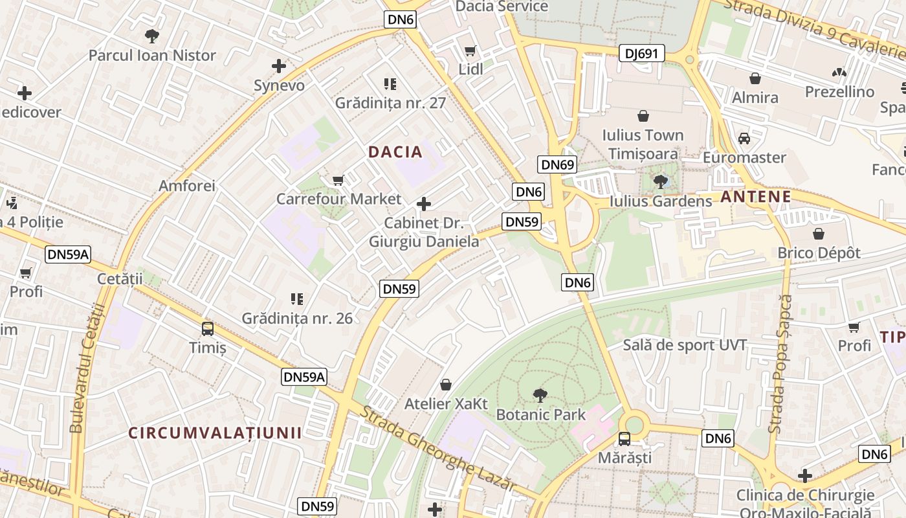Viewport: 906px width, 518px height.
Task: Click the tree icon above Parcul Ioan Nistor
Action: tap(152, 36)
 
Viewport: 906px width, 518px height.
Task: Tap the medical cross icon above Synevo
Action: tap(279, 66)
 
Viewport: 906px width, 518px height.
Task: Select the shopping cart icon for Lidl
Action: tap(470, 51)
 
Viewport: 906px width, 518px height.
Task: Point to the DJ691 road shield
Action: tap(641, 54)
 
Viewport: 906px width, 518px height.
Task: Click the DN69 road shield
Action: tap(557, 164)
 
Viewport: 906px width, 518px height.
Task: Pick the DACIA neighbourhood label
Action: tap(395, 152)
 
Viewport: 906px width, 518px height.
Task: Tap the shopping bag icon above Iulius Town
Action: tap(643, 116)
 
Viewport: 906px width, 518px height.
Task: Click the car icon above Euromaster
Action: tap(744, 138)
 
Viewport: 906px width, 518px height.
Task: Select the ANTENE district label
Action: tap(755, 197)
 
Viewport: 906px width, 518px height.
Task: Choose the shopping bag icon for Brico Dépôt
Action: tap(819, 233)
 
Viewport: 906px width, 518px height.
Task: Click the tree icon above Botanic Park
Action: tap(540, 395)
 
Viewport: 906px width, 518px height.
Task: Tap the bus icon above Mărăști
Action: tap(624, 438)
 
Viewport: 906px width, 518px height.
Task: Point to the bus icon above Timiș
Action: tap(208, 328)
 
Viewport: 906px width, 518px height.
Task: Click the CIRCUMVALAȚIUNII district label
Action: tap(215, 433)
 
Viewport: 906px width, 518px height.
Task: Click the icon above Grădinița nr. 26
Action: tap(297, 299)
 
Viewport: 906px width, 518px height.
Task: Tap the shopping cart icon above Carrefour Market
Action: tap(338, 180)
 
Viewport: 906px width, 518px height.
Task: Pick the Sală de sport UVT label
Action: tap(685, 344)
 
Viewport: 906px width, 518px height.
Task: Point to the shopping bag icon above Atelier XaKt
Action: tap(446, 385)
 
